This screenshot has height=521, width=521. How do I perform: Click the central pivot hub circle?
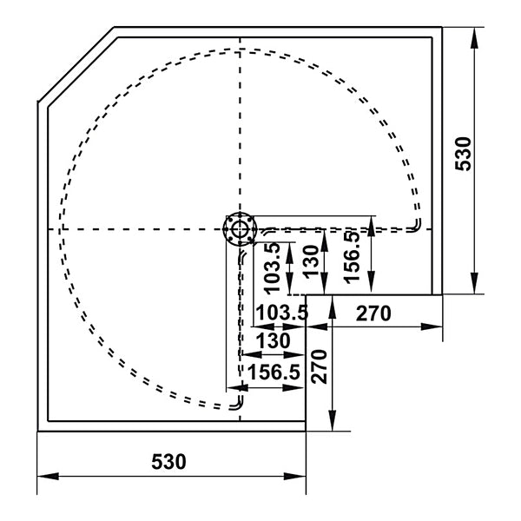click(238, 229)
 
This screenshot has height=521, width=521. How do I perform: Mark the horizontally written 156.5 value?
click(274, 372)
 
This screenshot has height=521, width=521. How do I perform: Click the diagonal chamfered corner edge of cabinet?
click(76, 65)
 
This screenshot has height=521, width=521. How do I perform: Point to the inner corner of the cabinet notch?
click(307, 295)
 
